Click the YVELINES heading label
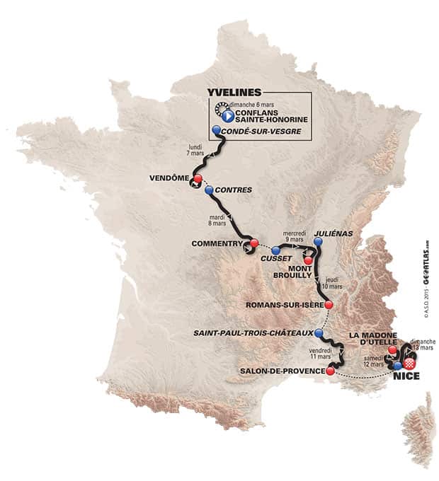[234, 93]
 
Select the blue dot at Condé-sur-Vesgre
[216, 131]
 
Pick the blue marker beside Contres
[208, 190]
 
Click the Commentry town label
[217, 244]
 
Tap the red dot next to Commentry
[253, 245]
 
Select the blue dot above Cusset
[275, 250]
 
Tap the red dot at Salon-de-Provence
[330, 371]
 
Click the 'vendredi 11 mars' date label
[322, 355]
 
